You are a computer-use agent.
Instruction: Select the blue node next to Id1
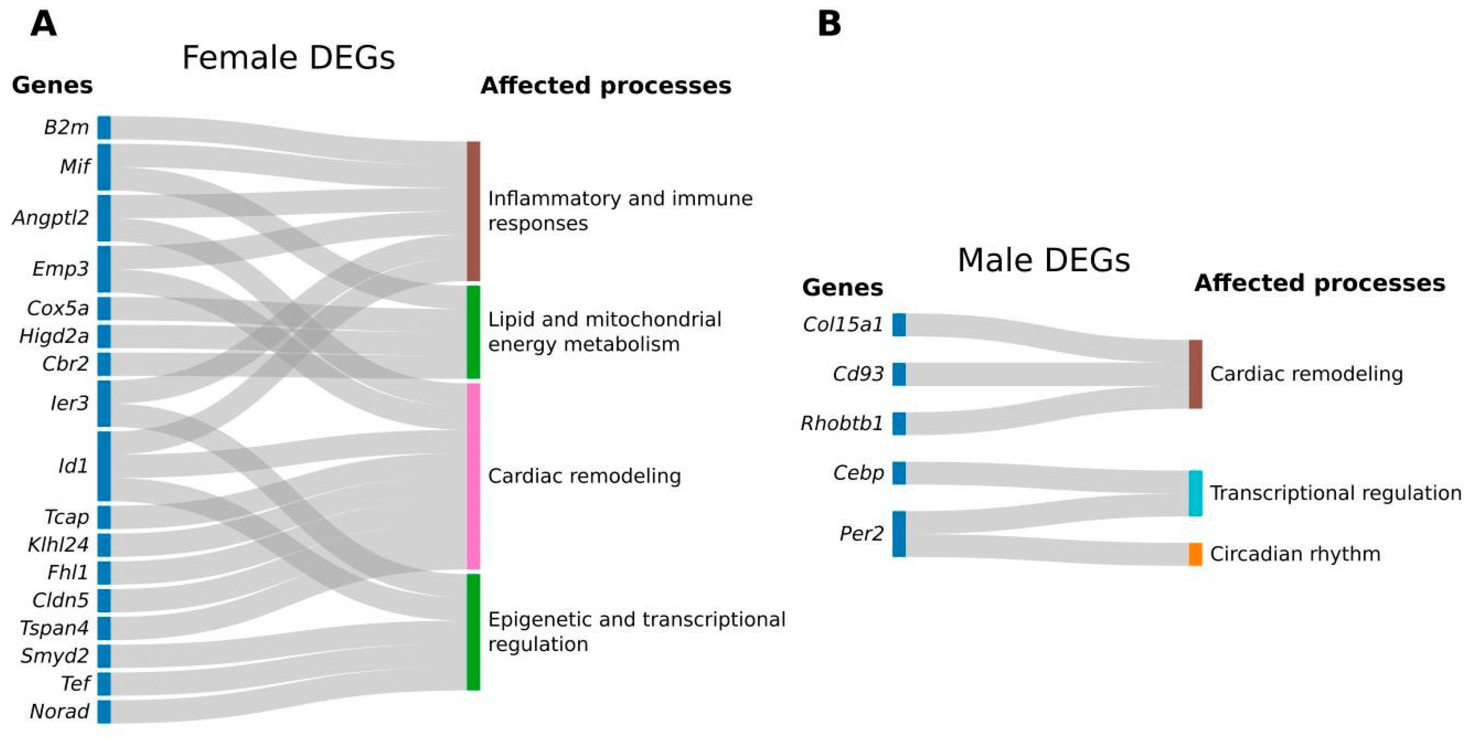pos(104,466)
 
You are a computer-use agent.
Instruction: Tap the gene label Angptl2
pos(51,218)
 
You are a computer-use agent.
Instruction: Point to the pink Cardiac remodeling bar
pos(473,476)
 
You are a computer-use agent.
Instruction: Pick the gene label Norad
pos(59,712)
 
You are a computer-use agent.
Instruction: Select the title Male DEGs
pos(1043,260)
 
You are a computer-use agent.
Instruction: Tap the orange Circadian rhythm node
pos(1195,554)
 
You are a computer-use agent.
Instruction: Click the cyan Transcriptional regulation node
pos(1195,493)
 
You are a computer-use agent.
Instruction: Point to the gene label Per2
pos(861,534)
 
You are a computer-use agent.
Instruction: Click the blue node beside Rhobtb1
pos(899,424)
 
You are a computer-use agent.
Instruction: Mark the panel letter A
pos(43,25)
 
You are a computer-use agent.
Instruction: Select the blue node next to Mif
pos(104,167)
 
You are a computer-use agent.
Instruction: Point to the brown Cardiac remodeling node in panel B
pos(1195,374)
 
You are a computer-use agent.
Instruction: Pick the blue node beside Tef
pos(104,684)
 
